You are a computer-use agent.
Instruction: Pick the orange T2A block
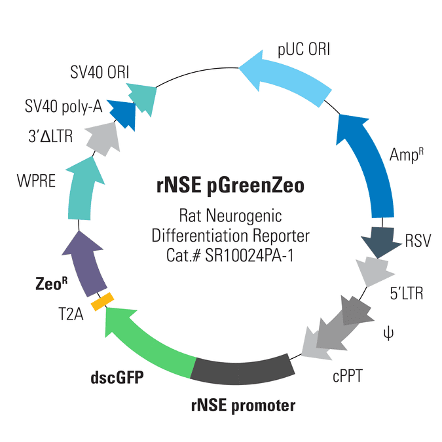tap(102, 302)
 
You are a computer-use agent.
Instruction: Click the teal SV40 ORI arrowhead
tap(143, 98)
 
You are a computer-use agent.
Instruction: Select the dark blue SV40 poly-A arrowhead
tap(123, 113)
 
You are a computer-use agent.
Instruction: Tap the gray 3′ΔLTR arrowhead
tap(103, 139)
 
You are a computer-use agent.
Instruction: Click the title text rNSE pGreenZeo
tap(230, 186)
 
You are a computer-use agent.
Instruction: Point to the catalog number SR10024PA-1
tap(249, 255)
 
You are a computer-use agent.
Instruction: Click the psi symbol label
tap(388, 334)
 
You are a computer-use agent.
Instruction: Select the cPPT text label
tap(348, 377)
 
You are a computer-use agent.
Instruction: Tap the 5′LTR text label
tap(407, 293)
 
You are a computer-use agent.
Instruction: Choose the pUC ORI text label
tap(304, 50)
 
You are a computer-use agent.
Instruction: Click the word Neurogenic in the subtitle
tap(244, 217)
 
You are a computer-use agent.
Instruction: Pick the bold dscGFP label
tap(117, 378)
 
